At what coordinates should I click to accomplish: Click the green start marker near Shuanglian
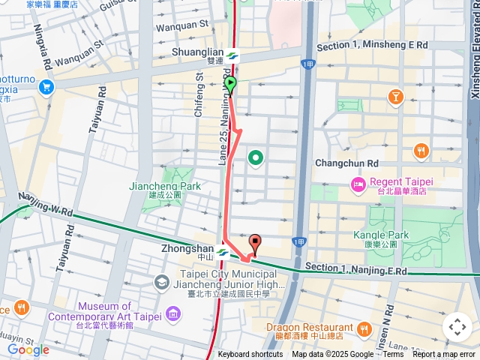tap(230, 84)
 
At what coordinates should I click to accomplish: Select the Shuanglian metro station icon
tap(232, 55)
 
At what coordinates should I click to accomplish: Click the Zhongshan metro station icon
tap(223, 253)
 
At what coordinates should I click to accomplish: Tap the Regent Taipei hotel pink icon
tap(358, 183)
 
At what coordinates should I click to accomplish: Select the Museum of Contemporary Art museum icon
tap(161, 283)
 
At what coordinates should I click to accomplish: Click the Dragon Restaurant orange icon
tap(364, 328)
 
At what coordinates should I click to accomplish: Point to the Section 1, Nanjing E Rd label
tap(355, 269)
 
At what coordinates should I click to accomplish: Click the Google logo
tap(28, 349)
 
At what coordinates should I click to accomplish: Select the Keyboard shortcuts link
tap(250, 355)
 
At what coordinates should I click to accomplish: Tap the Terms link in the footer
tap(393, 355)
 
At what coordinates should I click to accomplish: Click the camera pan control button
tap(457, 327)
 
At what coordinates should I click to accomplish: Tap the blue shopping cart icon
tap(46, 87)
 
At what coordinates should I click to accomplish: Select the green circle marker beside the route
tap(256, 157)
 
